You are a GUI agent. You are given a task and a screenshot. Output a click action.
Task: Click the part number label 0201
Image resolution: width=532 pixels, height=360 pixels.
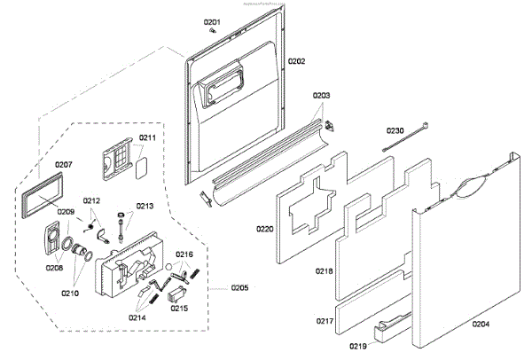213,20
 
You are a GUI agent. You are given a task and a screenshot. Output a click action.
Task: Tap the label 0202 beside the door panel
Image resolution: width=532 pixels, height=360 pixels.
296,61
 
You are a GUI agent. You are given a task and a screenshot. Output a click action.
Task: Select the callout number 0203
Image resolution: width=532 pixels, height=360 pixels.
321,96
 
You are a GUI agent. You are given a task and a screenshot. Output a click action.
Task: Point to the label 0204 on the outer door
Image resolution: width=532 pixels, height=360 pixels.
480,325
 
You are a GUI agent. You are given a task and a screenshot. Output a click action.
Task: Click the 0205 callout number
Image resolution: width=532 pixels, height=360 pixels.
240,287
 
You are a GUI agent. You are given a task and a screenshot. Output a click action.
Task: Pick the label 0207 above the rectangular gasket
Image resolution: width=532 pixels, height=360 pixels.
64,165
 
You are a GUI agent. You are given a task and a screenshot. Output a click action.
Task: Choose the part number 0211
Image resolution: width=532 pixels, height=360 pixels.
147,137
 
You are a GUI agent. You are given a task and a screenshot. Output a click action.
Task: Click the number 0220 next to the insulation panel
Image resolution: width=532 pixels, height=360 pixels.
265,229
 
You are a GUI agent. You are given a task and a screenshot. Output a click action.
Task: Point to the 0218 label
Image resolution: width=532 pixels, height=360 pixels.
325,270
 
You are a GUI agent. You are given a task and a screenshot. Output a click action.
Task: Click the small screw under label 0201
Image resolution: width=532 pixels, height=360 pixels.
212,30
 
